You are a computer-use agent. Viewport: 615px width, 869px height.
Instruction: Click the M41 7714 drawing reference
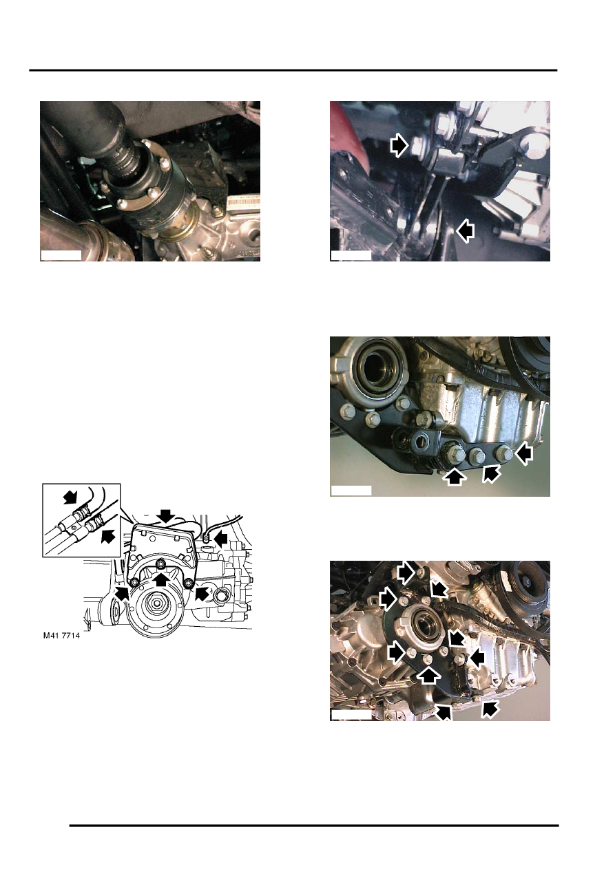click(x=61, y=636)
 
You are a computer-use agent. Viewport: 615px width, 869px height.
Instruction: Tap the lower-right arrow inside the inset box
click(x=108, y=537)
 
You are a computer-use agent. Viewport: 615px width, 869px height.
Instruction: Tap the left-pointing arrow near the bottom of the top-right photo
click(x=465, y=230)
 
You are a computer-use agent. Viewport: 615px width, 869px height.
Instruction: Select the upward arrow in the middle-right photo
click(x=455, y=476)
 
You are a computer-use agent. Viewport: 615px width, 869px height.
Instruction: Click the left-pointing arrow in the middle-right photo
click(x=523, y=453)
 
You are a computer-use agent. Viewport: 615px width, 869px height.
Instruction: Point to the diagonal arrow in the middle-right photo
click(x=491, y=473)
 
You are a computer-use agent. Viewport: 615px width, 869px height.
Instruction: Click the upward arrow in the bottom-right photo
click(x=428, y=676)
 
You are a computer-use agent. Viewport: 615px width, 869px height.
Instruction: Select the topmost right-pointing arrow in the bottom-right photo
click(x=405, y=572)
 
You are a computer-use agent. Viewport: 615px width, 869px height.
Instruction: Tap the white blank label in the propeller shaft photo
click(x=61, y=255)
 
